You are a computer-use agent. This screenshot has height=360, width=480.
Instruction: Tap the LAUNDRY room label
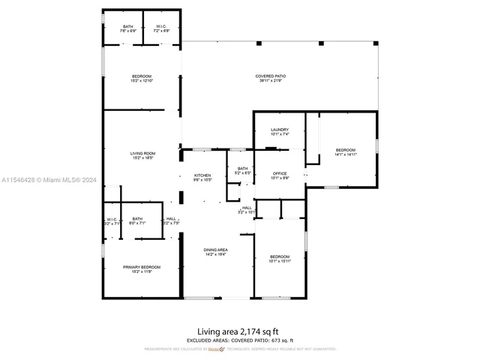280,130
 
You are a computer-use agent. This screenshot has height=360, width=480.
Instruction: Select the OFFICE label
280,174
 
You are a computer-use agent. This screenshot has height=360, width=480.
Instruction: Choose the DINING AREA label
216,250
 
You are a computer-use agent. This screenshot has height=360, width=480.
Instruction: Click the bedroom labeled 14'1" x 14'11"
345,149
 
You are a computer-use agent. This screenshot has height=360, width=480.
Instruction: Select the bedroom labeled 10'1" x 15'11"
280,257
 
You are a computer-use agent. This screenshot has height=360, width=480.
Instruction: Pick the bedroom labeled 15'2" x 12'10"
142,76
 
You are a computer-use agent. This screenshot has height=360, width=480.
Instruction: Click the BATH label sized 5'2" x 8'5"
242,169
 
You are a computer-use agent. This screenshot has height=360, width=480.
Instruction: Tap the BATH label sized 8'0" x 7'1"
137,219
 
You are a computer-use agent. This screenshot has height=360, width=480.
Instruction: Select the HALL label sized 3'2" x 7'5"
171,219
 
